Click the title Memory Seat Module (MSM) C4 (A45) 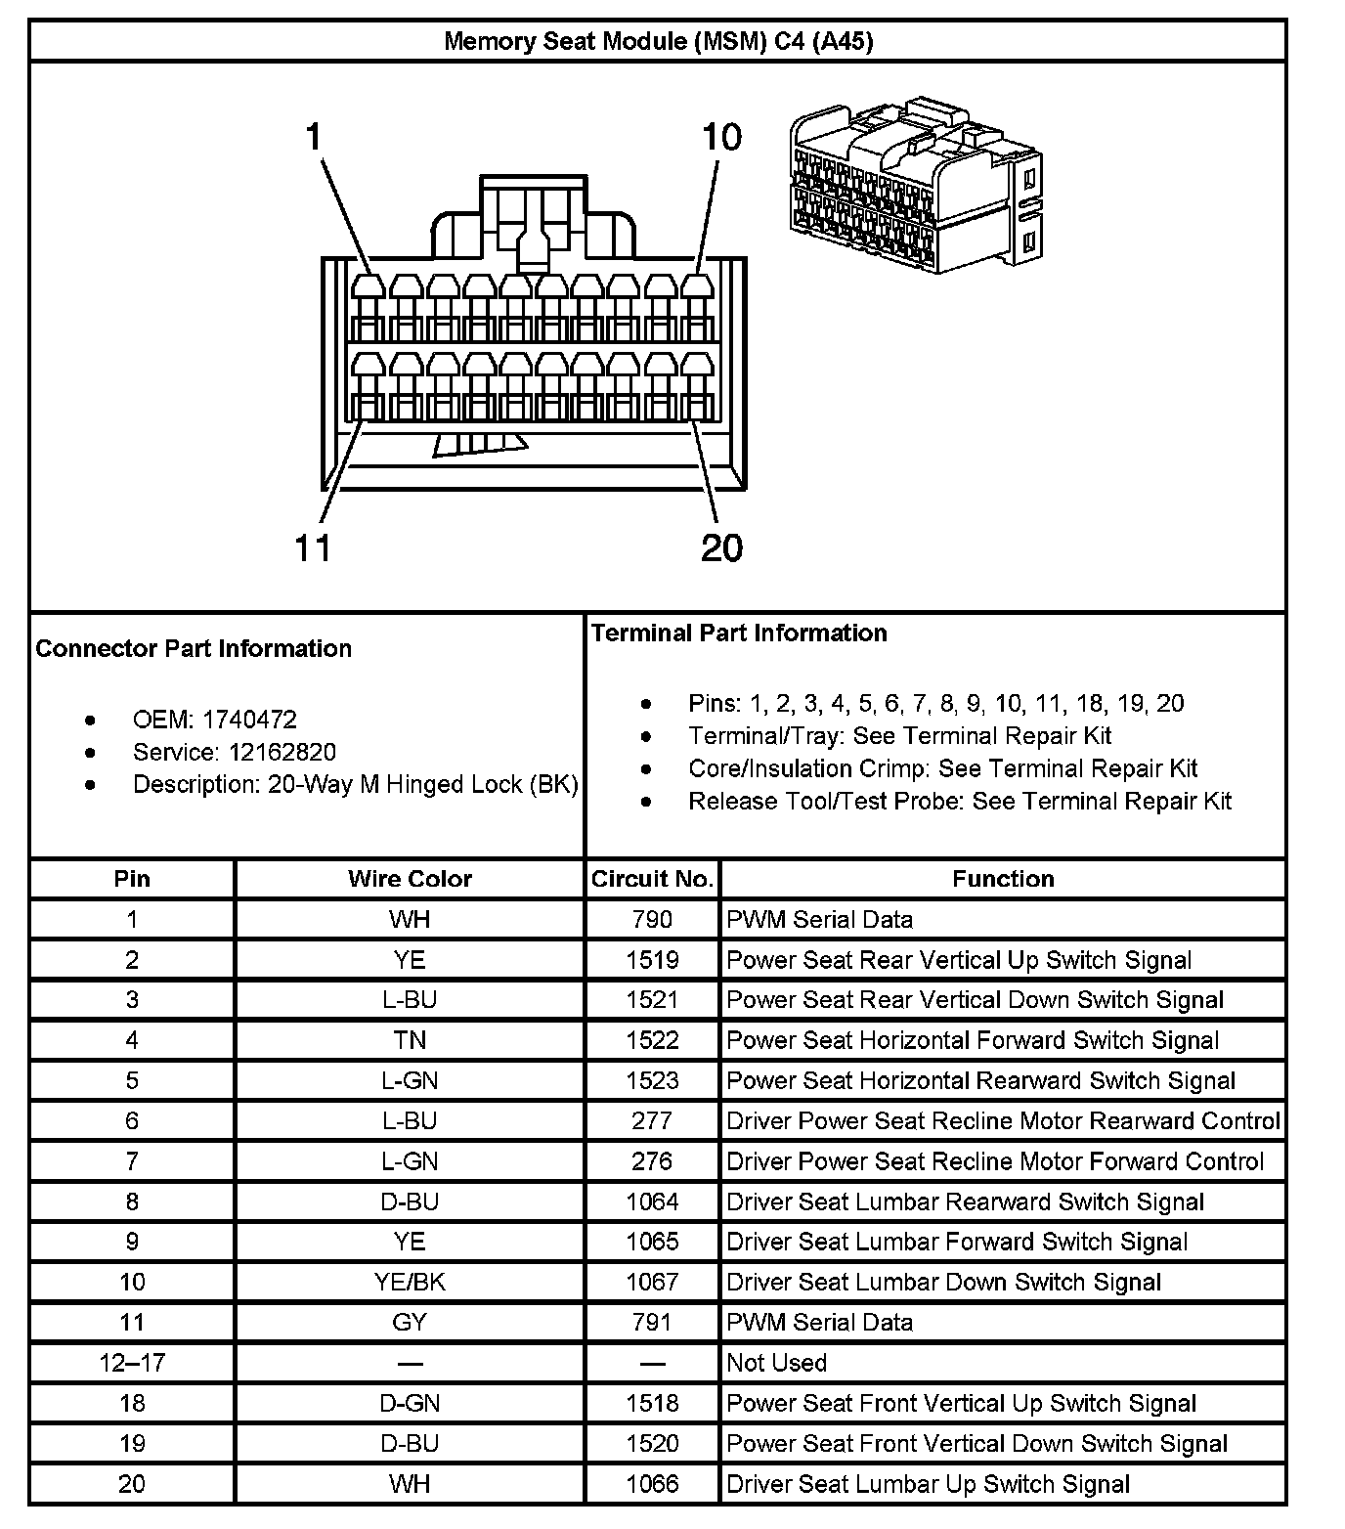[x=658, y=41]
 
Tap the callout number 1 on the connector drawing [x=314, y=137]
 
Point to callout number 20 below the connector [x=721, y=547]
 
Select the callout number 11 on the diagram [x=314, y=547]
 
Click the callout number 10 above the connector [x=721, y=137]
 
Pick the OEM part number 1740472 [x=249, y=720]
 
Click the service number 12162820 [x=282, y=752]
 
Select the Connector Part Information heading [x=194, y=648]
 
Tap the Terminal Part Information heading [x=739, y=633]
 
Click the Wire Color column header [x=410, y=879]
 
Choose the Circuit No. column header [x=652, y=879]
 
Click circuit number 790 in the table [x=652, y=919]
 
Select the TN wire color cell [x=410, y=1040]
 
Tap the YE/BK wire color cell [x=410, y=1282]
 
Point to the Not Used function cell [x=776, y=1363]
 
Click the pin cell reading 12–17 [x=132, y=1363]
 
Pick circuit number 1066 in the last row [x=652, y=1484]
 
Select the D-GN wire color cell [x=410, y=1403]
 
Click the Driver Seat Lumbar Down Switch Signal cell [x=943, y=1282]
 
